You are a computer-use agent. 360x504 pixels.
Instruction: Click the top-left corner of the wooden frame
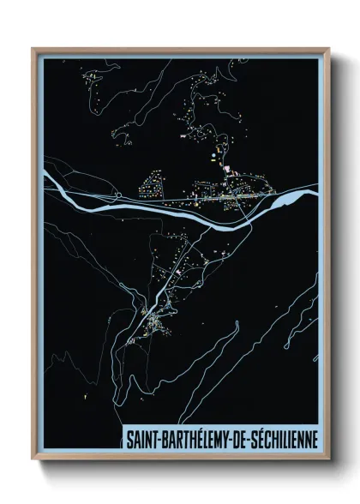pos(33,49)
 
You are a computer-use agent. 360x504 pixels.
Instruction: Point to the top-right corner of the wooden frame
pos(329,49)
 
